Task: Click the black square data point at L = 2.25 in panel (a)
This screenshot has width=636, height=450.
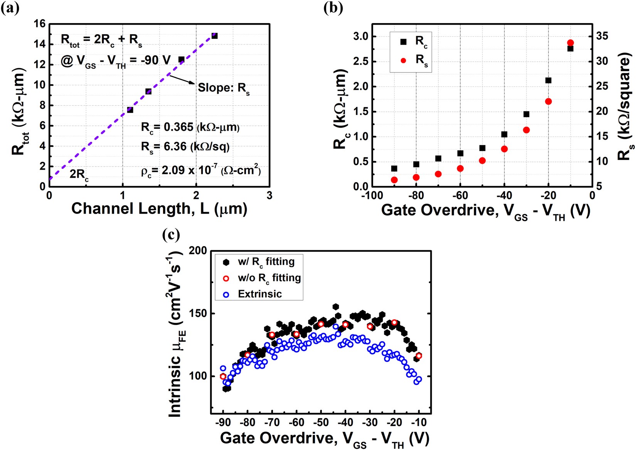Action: point(215,36)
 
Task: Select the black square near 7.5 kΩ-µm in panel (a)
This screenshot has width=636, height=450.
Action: point(130,110)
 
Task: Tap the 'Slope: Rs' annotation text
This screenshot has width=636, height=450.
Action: point(224,88)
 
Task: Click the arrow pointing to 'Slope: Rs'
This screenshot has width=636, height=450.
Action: point(182,79)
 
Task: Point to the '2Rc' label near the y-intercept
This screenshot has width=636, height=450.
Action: point(79,175)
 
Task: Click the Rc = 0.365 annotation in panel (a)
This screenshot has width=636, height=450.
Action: point(190,127)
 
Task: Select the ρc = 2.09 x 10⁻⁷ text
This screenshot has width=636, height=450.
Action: point(200,170)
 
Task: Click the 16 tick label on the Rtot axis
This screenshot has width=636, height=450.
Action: point(40,24)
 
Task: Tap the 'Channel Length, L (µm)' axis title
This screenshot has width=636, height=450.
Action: point(159,209)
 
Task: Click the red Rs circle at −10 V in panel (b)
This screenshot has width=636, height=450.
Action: point(570,43)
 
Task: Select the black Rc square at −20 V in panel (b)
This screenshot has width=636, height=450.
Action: point(549,81)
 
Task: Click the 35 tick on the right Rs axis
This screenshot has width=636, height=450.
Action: point(602,36)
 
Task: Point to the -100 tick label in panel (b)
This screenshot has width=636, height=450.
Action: point(372,196)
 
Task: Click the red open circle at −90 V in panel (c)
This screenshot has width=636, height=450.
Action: point(223,376)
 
